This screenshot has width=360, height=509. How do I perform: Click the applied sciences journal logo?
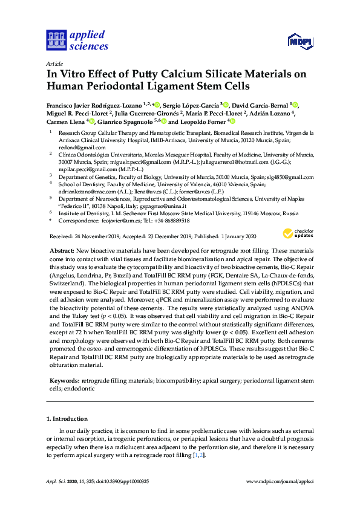coord(77,41)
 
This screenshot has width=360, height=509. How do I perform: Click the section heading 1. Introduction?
coord(67,418)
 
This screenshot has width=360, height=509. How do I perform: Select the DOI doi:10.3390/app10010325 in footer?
coord(121,482)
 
